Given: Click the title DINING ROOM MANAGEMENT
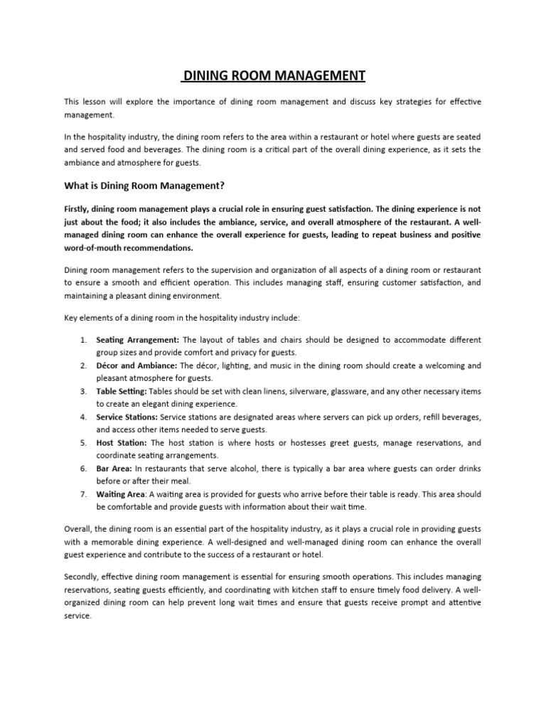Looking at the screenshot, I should pyautogui.click(x=273, y=75).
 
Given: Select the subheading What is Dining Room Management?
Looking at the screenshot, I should pyautogui.click(x=144, y=186).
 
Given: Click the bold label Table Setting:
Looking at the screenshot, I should pyautogui.click(x=122, y=391).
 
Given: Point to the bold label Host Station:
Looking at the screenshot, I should pyautogui.click(x=122, y=443).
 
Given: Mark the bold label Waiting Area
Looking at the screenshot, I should pyautogui.click(x=120, y=494).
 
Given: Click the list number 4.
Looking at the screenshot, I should pyautogui.click(x=82, y=417).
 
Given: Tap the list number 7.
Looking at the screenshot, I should pyautogui.click(x=82, y=494).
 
